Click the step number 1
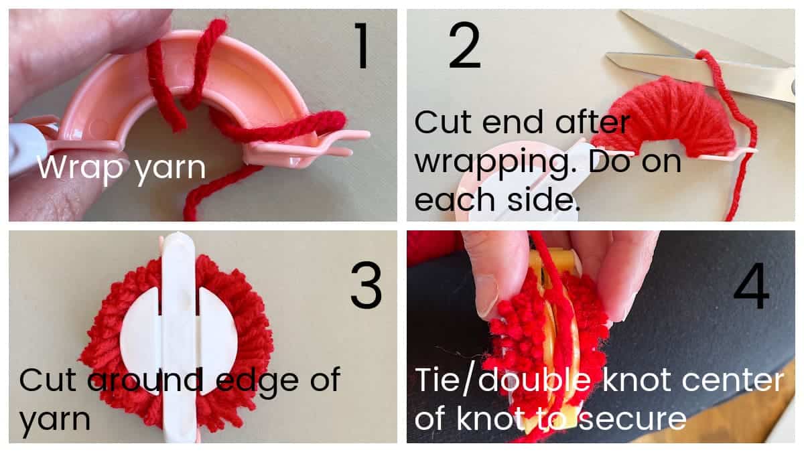pyautogui.click(x=362, y=45)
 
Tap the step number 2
pyautogui.click(x=464, y=46)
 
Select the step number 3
pyautogui.click(x=366, y=286)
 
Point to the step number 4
pyautogui.click(x=751, y=287)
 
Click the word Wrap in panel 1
pyautogui.click(x=74, y=167)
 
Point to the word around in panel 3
pyautogui.click(x=143, y=381)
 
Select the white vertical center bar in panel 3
pyautogui.click(x=179, y=335)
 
